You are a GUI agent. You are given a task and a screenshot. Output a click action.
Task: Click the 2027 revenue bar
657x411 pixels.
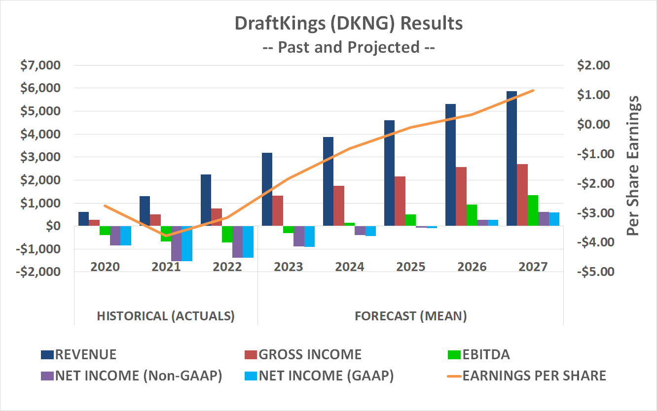(x=511, y=158)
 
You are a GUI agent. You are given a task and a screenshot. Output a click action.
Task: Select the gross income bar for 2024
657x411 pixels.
(x=338, y=205)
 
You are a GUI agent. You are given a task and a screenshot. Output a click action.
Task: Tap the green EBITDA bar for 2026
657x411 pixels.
(x=471, y=215)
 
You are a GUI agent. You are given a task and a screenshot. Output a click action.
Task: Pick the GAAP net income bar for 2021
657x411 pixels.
(x=187, y=243)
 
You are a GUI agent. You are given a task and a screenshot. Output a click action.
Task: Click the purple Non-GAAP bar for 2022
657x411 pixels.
(x=238, y=241)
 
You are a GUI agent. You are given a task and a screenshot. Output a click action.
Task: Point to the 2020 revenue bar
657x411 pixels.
(x=84, y=219)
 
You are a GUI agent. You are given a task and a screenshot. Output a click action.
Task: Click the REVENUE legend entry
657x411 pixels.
(x=86, y=354)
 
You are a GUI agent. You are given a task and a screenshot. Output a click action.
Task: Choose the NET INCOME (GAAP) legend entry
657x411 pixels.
(x=326, y=376)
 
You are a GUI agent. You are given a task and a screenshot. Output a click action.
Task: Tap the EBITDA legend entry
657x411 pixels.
(x=486, y=354)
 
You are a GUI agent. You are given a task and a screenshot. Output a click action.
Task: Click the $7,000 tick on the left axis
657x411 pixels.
(x=39, y=65)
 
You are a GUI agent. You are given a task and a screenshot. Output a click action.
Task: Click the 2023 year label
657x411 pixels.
(x=289, y=267)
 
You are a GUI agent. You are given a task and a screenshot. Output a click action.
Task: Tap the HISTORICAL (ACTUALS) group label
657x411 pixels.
(x=166, y=315)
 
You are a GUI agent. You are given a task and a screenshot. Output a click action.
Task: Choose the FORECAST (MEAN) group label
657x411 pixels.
(x=411, y=315)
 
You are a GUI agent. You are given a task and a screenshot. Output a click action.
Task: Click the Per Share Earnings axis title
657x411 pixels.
(x=632, y=165)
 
